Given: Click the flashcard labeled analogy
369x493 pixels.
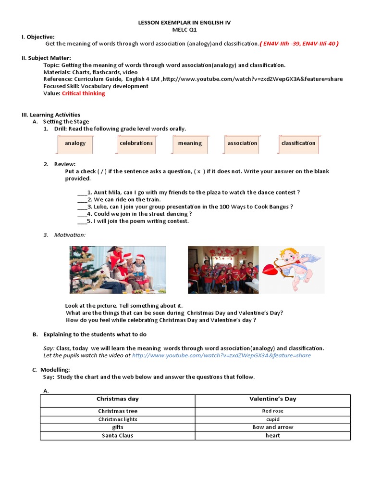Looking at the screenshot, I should point(75,143).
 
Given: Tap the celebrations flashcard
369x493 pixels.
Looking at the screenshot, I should point(136,143).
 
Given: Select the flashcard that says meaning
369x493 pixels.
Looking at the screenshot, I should point(190,143).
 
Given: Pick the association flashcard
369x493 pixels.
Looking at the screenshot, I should point(242,143).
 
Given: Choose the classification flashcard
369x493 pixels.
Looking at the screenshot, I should point(298,143).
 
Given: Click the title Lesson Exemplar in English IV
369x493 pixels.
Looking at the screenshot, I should point(184,23).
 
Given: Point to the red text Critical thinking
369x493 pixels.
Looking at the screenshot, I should point(83,93).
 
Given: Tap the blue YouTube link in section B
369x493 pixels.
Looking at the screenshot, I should point(221,355).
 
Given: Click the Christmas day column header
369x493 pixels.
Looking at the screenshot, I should point(117,399).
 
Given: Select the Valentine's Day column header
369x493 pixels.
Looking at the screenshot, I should point(272,399).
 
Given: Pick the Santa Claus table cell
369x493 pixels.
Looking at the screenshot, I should point(117,436).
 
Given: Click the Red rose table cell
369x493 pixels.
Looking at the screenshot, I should point(272,411).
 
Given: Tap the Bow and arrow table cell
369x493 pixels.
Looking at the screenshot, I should point(272,428).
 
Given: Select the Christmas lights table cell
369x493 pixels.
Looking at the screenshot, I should point(117,419).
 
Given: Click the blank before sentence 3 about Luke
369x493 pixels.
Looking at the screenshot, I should point(81,207).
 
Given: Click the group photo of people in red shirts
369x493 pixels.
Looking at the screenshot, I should point(223,270).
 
